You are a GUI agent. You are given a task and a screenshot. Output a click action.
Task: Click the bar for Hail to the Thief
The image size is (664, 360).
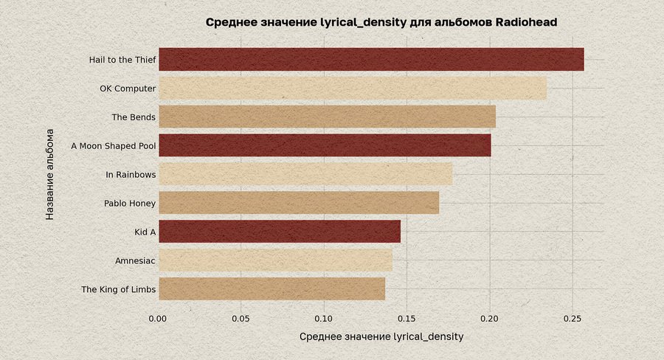point(371,60)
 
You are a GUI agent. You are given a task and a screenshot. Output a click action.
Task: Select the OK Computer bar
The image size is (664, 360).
point(353,89)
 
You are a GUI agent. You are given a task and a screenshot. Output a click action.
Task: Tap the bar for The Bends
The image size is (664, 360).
point(327,117)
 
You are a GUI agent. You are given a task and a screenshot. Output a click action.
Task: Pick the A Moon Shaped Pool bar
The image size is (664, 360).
point(325,145)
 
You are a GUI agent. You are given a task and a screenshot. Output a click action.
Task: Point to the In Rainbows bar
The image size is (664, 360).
point(305,174)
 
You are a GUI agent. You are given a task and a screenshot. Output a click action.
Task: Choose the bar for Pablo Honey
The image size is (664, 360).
point(299,203)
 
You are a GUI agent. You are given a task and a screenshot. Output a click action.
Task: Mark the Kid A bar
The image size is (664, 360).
point(280,232)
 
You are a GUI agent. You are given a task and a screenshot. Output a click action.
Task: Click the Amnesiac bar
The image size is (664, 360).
point(275,260)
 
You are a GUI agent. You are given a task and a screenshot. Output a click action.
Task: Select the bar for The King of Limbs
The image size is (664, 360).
point(272,289)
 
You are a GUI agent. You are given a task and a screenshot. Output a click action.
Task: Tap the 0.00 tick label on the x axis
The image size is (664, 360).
point(158,319)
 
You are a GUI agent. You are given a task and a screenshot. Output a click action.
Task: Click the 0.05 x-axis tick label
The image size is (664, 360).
point(241,319)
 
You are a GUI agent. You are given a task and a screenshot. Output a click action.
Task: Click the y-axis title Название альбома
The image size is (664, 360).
point(50,174)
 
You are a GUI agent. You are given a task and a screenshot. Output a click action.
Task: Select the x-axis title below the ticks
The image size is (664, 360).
point(381,337)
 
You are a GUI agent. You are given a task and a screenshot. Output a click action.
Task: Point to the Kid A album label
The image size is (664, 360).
point(145,232)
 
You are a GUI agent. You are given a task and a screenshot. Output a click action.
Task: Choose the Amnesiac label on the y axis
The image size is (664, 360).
point(135,260)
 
